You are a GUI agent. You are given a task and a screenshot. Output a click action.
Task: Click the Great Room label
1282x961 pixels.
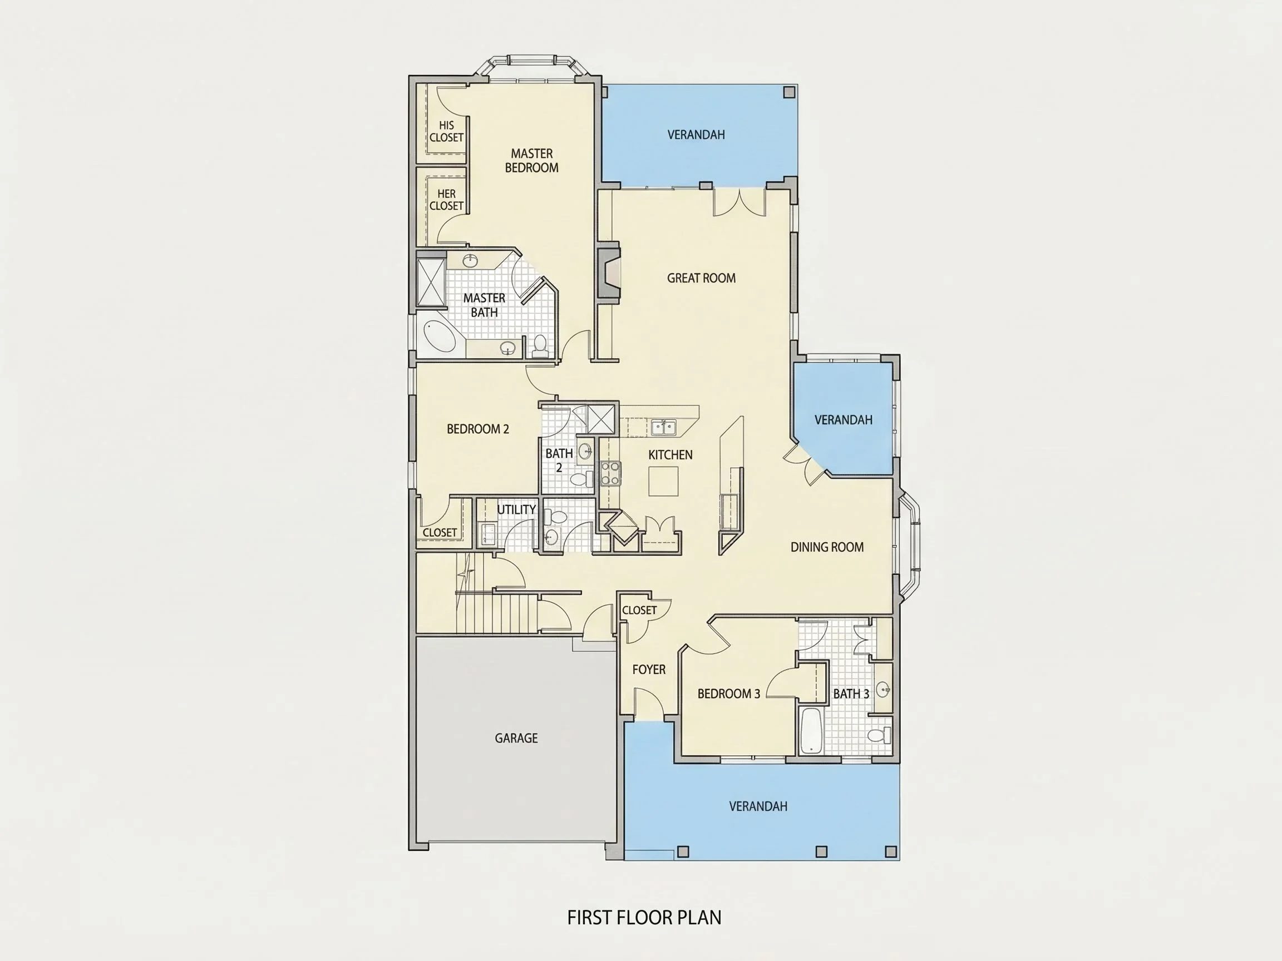[701, 278]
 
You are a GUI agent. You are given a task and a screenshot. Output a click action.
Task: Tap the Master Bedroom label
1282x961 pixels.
[531, 161]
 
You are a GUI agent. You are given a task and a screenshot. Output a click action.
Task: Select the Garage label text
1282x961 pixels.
[516, 738]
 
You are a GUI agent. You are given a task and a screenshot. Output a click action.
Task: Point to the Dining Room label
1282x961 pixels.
[827, 547]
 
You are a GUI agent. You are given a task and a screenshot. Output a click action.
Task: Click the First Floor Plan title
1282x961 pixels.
[644, 918]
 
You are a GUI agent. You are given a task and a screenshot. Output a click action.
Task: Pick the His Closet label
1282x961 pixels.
[446, 131]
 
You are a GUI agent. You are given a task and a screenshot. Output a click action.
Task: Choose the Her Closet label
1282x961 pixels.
[446, 200]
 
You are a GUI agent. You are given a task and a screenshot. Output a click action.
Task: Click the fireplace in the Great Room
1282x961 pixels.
[609, 276]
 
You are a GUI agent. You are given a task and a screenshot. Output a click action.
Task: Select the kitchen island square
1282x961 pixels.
[663, 481]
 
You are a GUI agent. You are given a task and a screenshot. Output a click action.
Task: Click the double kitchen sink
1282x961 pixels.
[663, 428]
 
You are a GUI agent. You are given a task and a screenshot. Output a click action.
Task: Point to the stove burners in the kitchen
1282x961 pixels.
[610, 473]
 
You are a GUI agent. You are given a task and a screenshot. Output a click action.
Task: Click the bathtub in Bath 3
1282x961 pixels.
[810, 730]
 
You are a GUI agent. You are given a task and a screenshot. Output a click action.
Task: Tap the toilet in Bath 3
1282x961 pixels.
[878, 735]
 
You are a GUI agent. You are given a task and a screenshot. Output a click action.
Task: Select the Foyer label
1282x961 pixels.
[649, 670]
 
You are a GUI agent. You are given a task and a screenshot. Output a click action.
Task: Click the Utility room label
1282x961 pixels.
[516, 510]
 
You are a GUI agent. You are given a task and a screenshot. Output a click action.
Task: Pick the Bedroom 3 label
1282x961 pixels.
[728, 693]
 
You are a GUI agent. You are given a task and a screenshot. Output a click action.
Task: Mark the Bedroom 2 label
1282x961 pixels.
[477, 429]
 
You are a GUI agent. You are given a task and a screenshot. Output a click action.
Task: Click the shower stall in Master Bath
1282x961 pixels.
[431, 282]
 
